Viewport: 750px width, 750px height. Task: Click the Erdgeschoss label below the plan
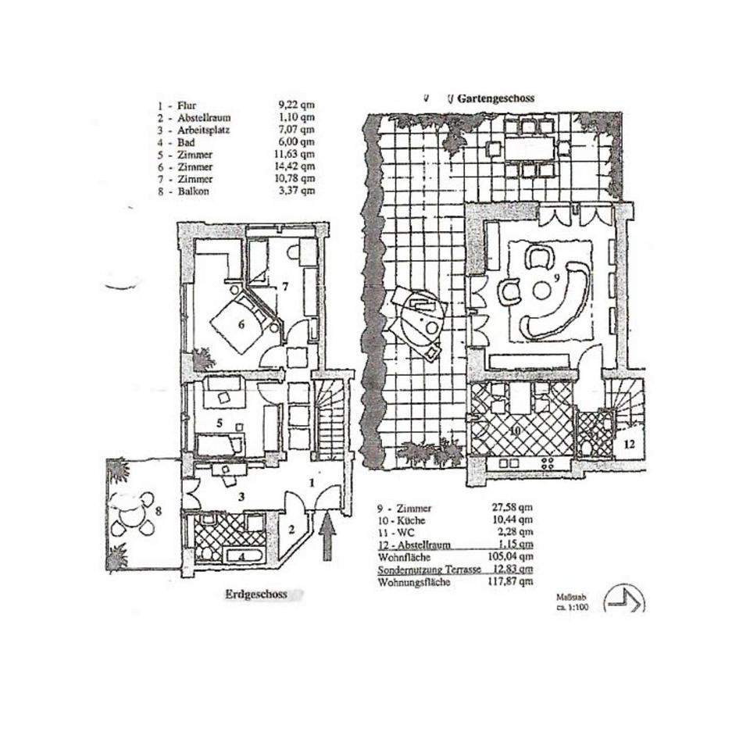pyautogui.click(x=257, y=595)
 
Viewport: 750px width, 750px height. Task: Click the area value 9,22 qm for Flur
pyautogui.click(x=298, y=105)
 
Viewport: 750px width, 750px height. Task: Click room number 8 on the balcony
pyautogui.click(x=159, y=512)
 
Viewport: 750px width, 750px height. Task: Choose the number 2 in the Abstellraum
pyautogui.click(x=292, y=529)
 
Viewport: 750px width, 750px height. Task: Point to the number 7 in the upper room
pyautogui.click(x=285, y=287)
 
